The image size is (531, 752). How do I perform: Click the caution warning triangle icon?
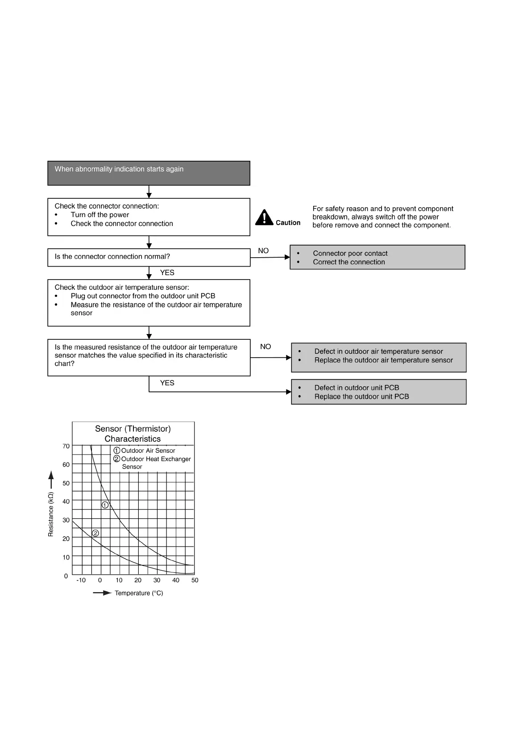pos(264,218)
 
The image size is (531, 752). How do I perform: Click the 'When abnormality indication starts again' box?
pos(149,173)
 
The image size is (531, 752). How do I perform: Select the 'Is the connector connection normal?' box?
pos(149,257)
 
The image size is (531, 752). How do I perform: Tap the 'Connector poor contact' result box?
pos(377,257)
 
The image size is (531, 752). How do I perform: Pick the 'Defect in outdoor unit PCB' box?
pos(378,392)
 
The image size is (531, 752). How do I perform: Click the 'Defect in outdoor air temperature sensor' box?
pos(378,357)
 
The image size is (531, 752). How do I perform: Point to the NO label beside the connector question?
pos(263,251)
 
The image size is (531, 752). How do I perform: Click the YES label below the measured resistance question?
pos(167,383)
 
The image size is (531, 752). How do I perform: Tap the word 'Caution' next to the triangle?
pos(288,223)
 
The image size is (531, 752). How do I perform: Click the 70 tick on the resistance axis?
pos(66,446)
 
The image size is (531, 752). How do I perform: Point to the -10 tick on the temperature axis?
pos(81,581)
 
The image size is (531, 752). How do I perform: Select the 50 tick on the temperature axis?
pos(195,581)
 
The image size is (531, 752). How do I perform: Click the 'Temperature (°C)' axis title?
pos(139,593)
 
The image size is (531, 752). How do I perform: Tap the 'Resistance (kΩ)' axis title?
pos(51,514)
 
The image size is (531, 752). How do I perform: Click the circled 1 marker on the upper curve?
pos(105,505)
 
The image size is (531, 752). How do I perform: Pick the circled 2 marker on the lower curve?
pos(95,533)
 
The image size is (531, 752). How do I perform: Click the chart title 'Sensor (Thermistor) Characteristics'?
pos(133,434)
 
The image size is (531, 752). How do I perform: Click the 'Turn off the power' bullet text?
pos(100,215)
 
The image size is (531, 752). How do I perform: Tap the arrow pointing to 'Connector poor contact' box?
pos(270,257)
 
